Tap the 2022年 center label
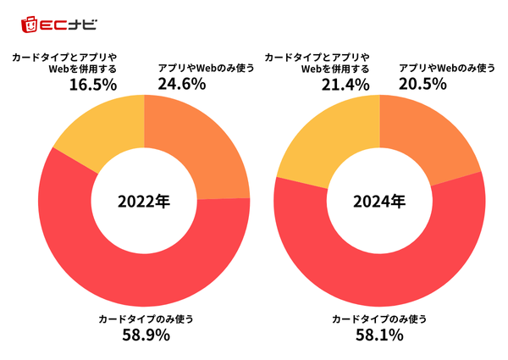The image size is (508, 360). (x=144, y=202)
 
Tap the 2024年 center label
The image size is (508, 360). (x=379, y=202)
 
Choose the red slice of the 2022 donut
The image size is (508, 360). (x=127, y=270)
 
